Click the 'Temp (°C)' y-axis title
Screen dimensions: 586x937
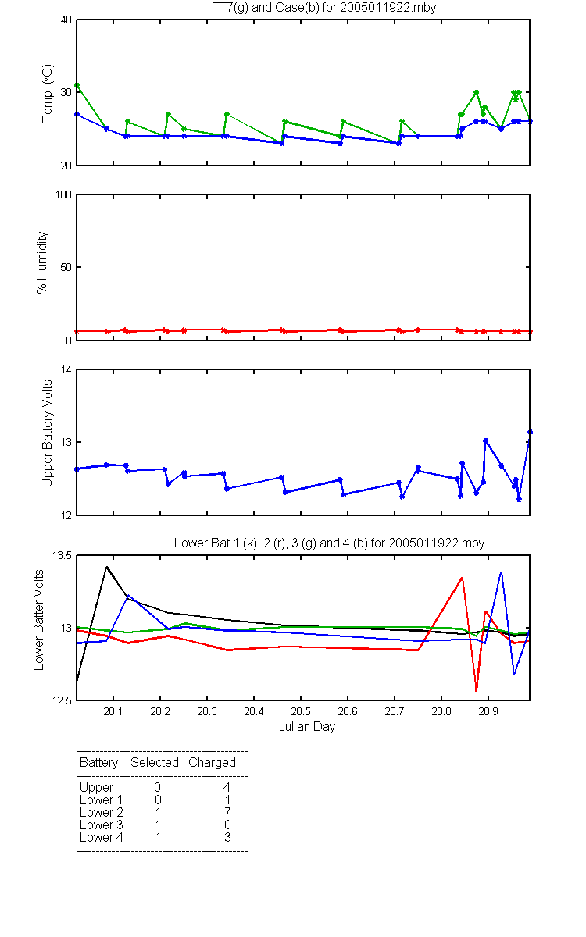[x=48, y=93]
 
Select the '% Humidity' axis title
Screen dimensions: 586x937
[x=42, y=262]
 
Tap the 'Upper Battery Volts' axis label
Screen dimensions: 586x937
[x=47, y=433]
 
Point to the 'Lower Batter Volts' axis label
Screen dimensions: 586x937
[x=38, y=620]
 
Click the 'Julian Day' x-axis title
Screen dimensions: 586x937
[x=307, y=727]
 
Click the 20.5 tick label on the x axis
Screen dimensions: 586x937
[x=301, y=711]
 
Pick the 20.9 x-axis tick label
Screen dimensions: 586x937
[x=488, y=711]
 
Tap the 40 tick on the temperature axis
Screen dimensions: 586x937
[x=66, y=20]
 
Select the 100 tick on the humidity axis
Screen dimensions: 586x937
[x=63, y=194]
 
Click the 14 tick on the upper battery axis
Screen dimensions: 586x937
[x=66, y=369]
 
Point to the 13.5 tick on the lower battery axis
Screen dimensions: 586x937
[x=62, y=555]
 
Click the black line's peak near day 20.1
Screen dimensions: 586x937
[x=107, y=567]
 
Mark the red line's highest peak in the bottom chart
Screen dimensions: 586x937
[x=462, y=578]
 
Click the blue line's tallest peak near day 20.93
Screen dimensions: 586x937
[x=501, y=572]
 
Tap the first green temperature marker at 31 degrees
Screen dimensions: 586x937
[x=77, y=85]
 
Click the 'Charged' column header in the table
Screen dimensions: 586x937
[x=212, y=763]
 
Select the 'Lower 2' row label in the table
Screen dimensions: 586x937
[x=102, y=812]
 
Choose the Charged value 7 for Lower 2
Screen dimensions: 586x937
[x=227, y=812]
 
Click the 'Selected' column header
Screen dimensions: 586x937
[x=155, y=762]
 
